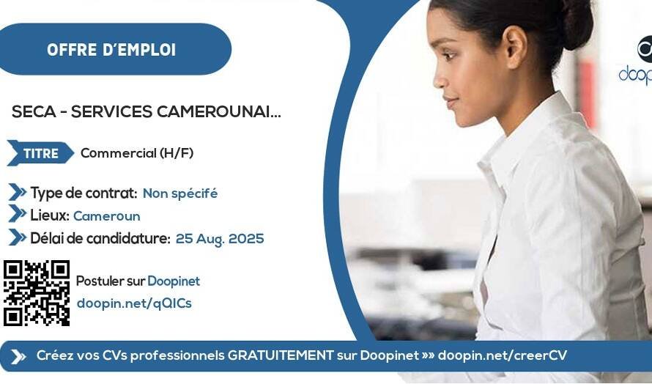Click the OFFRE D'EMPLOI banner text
click(111, 50)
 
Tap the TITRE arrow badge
click(40, 153)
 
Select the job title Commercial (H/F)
click(137, 153)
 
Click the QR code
click(37, 293)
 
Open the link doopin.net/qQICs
click(134, 303)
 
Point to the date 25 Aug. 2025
click(220, 239)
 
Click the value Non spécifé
click(180, 193)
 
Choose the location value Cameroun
click(107, 216)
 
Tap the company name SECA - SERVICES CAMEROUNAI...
click(146, 111)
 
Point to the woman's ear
click(516, 47)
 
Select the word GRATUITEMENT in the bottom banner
click(281, 355)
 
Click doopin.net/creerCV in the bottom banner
click(503, 355)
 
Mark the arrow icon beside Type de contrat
click(18, 192)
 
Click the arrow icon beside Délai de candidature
click(18, 237)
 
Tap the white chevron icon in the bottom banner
click(18, 357)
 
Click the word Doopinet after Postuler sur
click(174, 281)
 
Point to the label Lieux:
click(50, 215)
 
